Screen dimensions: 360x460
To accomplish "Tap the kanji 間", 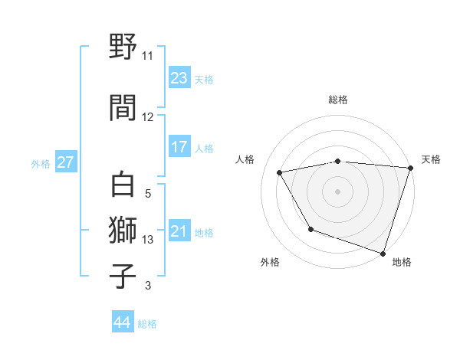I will point(123,107).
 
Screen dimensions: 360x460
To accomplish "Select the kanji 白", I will point(123,185).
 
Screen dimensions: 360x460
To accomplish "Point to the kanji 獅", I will point(123,231).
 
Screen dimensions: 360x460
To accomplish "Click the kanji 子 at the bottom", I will point(123,276).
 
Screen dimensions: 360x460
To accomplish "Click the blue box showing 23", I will point(179,78).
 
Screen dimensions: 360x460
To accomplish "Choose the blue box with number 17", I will point(179,147).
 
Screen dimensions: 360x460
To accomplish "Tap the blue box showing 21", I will point(179,231).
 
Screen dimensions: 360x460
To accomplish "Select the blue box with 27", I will point(65,162).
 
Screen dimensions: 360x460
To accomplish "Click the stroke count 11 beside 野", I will point(148,56).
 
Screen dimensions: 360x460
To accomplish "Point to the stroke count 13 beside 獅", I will point(148,240).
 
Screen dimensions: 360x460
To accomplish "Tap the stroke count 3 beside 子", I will point(148,286).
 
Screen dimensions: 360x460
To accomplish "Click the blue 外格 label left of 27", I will point(41,163).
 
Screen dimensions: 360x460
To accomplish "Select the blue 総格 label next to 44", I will point(147,323).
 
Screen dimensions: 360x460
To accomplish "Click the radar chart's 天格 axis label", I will point(431,159).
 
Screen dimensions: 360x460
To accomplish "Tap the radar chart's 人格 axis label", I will point(245,159).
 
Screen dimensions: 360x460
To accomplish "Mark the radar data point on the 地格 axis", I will point(383,253).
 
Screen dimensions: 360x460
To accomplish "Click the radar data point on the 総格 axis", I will point(338,161).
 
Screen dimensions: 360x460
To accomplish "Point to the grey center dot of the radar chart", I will point(338,191).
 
